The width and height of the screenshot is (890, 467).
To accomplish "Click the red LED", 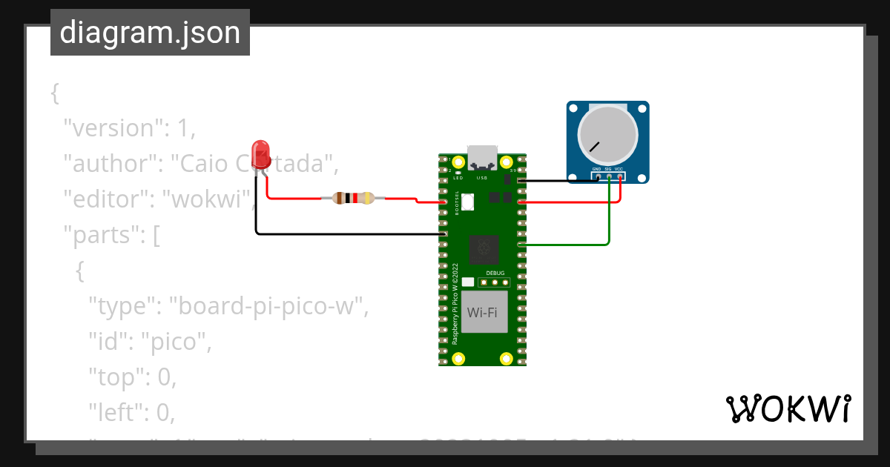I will coord(260,153).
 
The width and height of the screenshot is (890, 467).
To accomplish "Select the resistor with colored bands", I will coord(352,198).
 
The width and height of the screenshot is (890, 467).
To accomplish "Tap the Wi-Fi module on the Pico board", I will coord(482,312).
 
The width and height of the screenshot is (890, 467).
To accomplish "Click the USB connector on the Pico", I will coord(483,159).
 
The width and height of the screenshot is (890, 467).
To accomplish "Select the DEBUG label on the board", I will coord(495,273).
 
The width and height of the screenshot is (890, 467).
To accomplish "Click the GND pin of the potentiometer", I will coord(597,176).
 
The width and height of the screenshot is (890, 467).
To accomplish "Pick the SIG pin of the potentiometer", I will coord(608,176).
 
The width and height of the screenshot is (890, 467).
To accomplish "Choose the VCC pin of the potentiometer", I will coord(619,176).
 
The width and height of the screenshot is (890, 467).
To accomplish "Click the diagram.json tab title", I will coord(150,33).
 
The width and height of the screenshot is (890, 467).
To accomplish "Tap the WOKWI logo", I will coord(788,408).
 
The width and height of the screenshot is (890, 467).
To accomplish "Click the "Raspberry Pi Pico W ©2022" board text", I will coord(455,304).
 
